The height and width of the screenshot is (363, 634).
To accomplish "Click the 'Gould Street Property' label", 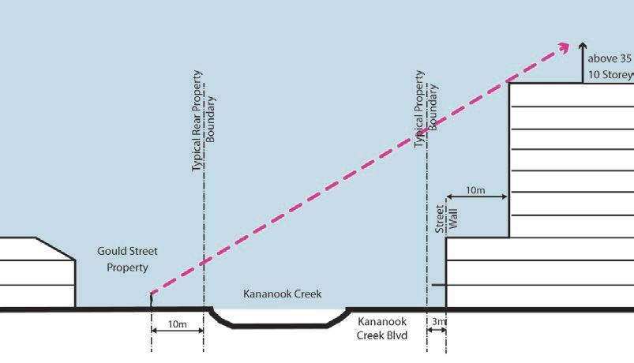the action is tap(127, 259).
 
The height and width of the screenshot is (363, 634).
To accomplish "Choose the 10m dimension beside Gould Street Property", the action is tap(178, 324).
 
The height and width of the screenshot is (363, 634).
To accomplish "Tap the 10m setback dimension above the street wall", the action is tap(475, 190).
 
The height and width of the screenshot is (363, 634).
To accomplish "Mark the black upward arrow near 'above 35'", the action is tap(583, 55).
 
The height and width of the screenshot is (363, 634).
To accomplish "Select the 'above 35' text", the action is tap(610, 58).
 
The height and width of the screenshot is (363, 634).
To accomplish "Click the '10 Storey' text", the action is tap(610, 75).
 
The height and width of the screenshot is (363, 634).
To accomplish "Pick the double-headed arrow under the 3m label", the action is tap(437, 332).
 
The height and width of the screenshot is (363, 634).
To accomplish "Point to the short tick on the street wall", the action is tap(438, 285).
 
